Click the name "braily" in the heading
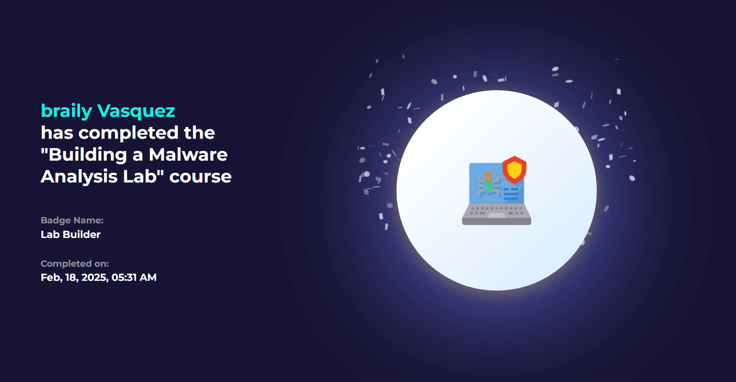coord(66,111)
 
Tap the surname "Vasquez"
coord(136,111)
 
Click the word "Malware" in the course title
coord(188,155)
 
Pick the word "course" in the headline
coord(201,177)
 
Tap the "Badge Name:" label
coord(72,220)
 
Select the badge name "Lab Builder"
coord(71,234)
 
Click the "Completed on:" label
coord(75,264)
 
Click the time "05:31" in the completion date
coord(124,278)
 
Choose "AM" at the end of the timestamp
coord(148,278)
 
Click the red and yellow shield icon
coord(514,170)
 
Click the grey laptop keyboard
coord(496,214)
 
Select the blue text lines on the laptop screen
coord(511,194)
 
